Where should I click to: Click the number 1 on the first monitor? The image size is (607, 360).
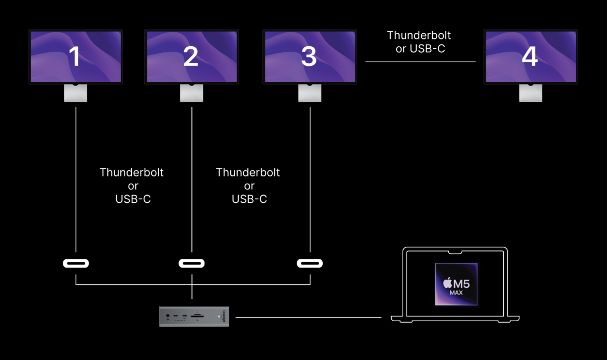[75, 57]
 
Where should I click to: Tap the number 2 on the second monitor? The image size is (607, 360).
[191, 57]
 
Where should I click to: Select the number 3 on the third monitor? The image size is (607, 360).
[309, 57]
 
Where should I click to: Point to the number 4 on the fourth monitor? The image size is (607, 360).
[530, 57]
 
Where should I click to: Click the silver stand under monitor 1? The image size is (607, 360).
[76, 93]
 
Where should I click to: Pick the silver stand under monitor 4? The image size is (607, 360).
[531, 93]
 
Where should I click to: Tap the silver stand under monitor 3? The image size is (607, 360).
[310, 93]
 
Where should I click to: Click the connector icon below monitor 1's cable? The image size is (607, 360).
[76, 264]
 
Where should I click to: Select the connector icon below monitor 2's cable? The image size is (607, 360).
[191, 264]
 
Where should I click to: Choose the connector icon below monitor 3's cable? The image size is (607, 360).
[310, 264]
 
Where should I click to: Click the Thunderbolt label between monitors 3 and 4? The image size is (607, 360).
[419, 35]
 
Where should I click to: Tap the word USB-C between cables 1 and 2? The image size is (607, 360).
[133, 199]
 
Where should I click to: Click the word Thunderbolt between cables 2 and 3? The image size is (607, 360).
[248, 172]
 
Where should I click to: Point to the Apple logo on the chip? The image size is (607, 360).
[447, 283]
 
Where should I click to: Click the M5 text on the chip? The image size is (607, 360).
[461, 284]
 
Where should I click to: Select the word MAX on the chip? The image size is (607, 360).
[456, 293]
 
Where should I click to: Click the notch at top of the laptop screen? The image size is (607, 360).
[455, 253]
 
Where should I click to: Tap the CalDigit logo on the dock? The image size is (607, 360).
[225, 315]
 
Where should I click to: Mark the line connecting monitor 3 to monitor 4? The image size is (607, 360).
[420, 62]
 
